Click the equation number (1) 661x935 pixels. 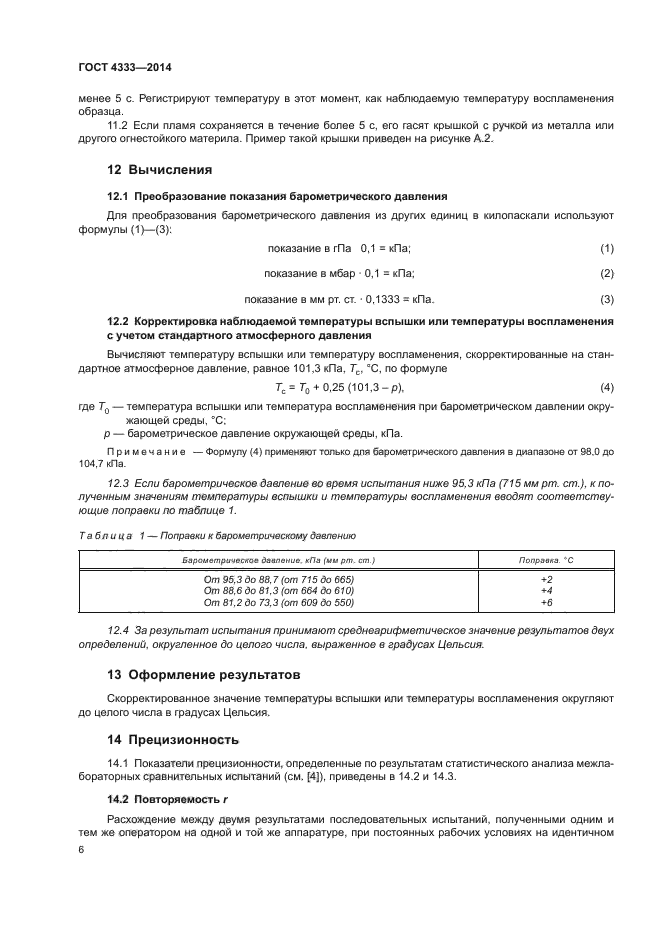coord(606,247)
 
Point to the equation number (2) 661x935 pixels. coord(606,273)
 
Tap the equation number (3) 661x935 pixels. coord(606,299)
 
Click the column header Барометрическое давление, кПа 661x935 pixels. coord(278,559)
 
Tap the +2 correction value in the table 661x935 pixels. coord(546,579)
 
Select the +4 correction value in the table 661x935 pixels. coord(546,591)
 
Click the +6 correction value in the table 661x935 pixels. coord(546,603)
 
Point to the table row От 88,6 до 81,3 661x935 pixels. coord(278,591)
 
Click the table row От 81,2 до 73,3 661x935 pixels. coord(278,603)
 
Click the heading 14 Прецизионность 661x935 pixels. coord(173,740)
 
